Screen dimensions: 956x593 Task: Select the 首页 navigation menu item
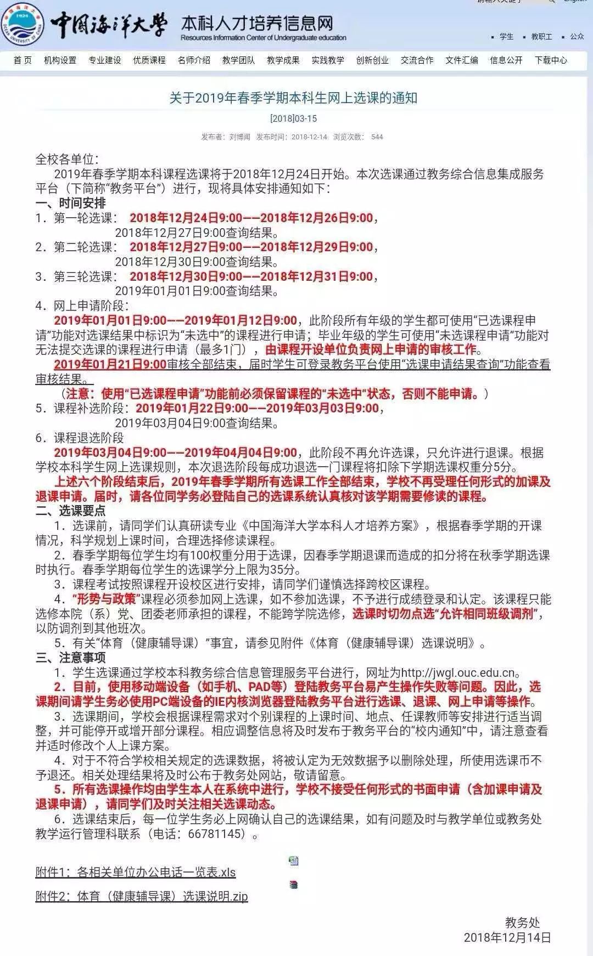23,60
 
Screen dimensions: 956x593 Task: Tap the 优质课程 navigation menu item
149,60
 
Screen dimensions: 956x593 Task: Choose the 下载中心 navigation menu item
551,60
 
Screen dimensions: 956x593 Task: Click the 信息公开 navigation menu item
506,60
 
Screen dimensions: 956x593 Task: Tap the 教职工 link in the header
541,37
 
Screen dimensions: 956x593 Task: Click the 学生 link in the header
506,37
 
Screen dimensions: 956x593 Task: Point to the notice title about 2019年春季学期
294,98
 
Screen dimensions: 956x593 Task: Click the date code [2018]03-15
294,118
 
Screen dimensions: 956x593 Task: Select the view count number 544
377,137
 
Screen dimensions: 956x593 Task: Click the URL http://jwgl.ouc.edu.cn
458,673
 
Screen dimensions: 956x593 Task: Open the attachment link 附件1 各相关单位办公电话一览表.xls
136,873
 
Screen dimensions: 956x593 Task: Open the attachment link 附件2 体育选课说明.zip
142,896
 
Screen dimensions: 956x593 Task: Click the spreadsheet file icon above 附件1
294,861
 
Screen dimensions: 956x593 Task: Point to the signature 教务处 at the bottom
522,923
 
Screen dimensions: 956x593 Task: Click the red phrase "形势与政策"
104,599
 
